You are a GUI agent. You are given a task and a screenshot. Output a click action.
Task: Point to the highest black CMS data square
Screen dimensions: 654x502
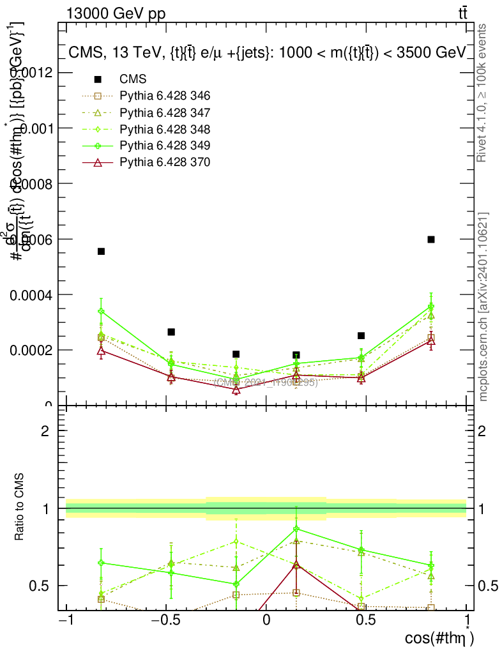click(x=431, y=240)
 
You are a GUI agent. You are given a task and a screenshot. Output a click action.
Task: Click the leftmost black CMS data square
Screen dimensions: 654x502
click(x=101, y=252)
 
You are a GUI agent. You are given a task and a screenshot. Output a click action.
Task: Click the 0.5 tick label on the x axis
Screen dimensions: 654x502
click(x=368, y=620)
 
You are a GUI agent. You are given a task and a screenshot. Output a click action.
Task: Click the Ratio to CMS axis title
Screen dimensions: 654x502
click(x=20, y=508)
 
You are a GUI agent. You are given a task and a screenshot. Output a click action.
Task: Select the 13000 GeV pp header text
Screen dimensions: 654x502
click(x=116, y=14)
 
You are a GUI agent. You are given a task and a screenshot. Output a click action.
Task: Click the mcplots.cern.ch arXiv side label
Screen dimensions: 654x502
click(x=483, y=307)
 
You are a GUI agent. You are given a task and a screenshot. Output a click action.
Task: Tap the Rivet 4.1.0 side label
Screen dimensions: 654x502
click(x=483, y=93)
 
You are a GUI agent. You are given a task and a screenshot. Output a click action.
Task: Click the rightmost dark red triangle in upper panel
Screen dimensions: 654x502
click(x=431, y=341)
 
